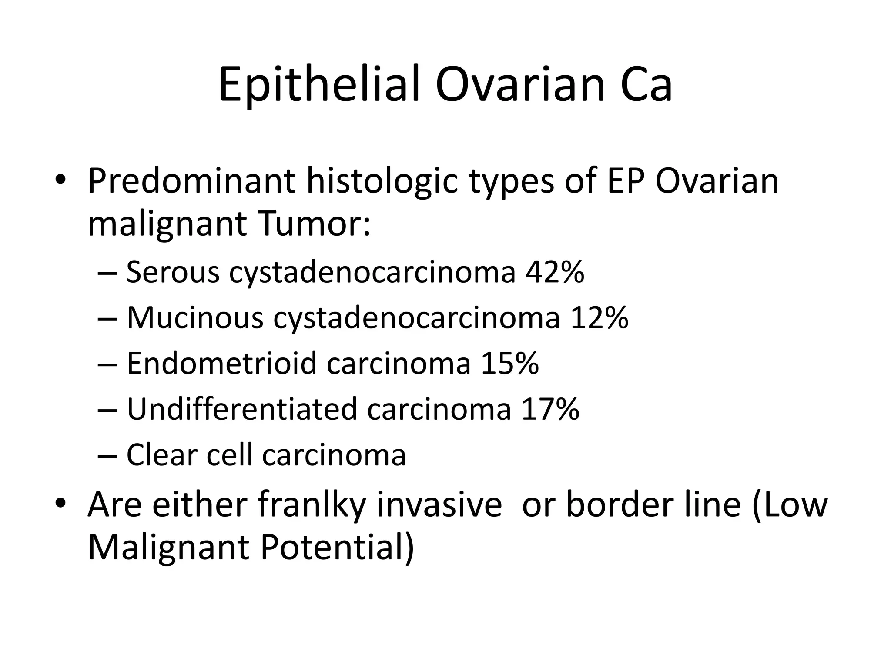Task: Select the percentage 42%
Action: (555, 273)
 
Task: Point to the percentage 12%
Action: (600, 318)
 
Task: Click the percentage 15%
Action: (509, 364)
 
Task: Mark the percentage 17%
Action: (550, 409)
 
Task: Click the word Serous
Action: (173, 273)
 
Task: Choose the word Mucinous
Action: (195, 318)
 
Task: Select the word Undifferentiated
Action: (241, 409)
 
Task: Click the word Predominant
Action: (192, 181)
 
